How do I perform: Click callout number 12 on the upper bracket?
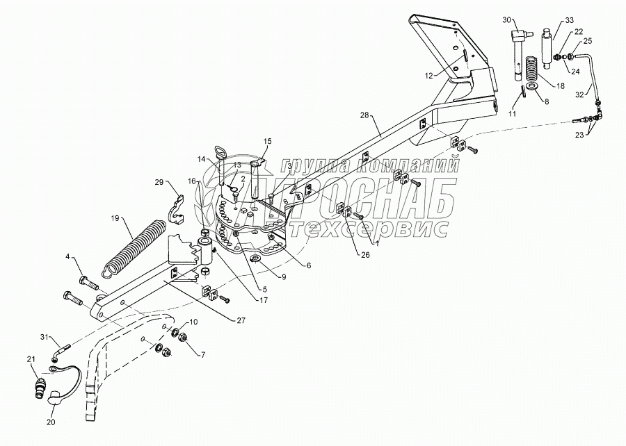coord(429,74)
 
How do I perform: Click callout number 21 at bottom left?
coord(31,359)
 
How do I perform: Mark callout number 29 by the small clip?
coord(159,183)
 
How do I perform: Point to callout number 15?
coord(266,142)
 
